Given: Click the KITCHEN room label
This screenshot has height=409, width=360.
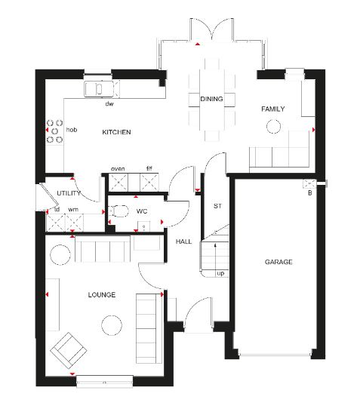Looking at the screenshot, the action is (x=116, y=132).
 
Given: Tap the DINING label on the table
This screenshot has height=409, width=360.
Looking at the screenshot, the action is (x=211, y=99).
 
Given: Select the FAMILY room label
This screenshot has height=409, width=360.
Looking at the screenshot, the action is (x=273, y=109).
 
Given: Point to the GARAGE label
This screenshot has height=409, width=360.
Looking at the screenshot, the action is (x=278, y=262).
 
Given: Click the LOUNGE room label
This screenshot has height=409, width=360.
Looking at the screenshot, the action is (x=101, y=295).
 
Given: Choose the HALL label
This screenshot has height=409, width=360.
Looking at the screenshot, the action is (x=183, y=241).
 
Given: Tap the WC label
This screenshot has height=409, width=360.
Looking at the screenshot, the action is (x=142, y=211).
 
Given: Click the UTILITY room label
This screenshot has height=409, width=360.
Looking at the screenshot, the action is (x=69, y=193).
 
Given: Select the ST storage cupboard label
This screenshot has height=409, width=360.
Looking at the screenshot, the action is (x=217, y=206).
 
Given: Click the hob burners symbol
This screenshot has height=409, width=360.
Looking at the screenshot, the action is (x=54, y=131).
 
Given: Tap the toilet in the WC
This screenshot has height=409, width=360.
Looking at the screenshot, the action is (x=118, y=211).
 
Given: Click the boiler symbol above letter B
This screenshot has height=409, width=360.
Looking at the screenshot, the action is (x=309, y=183).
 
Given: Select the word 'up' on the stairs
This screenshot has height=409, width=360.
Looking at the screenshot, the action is (x=220, y=273).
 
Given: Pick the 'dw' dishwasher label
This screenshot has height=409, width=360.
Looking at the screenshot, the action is (x=109, y=103).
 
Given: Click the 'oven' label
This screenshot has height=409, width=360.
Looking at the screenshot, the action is (x=118, y=169).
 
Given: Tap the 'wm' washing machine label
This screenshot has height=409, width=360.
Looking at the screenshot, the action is (x=73, y=210).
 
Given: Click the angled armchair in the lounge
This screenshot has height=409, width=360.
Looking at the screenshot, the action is (x=69, y=350).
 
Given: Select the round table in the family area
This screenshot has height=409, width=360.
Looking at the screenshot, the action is (x=273, y=126).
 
